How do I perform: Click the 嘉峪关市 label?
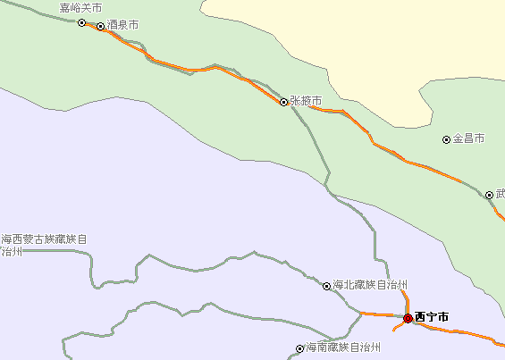80,8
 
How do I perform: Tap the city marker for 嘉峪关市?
81,22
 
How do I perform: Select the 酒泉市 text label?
122,25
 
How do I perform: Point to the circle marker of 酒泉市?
100,26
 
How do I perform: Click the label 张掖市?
306,101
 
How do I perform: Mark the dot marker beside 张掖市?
284,102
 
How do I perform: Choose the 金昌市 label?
468,138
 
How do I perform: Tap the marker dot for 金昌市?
447,139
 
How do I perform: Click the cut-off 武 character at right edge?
501,193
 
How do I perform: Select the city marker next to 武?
489,195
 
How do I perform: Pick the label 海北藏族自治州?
370,285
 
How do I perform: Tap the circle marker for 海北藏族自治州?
326,286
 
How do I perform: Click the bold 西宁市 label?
432,317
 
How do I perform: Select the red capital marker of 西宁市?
408,318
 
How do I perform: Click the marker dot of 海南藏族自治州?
300,348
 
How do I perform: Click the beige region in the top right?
358,45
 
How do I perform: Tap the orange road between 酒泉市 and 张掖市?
179,67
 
